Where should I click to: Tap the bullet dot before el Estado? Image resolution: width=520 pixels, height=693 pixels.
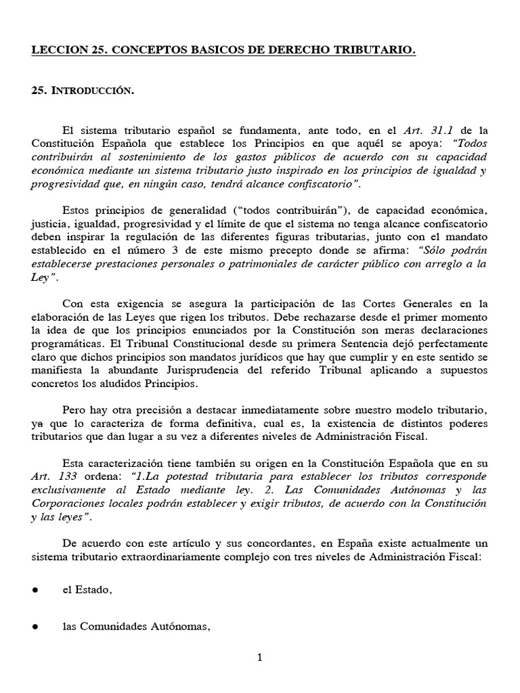click(34, 589)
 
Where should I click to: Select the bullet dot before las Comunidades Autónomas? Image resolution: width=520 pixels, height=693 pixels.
click(34, 627)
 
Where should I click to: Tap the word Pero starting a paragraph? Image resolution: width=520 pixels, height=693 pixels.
click(74, 411)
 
